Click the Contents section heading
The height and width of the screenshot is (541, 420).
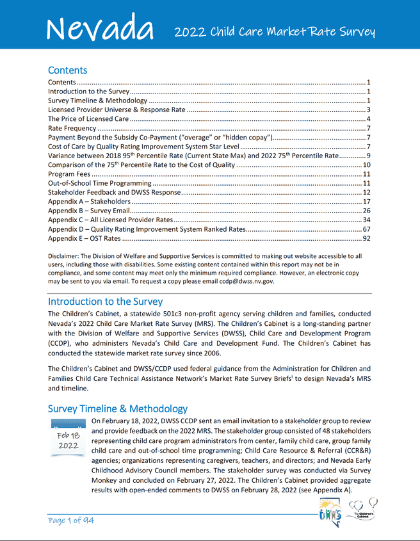click(67, 70)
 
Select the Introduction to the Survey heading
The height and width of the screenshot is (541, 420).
click(105, 301)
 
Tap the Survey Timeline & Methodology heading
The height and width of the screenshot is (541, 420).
click(118, 408)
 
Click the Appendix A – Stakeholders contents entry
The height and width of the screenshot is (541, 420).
click(94, 201)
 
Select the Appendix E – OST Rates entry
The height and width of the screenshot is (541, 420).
click(84, 238)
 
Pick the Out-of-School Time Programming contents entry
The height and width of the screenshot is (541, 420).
click(98, 183)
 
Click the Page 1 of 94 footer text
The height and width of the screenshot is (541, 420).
click(71, 521)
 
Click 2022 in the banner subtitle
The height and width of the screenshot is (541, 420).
click(191, 31)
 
